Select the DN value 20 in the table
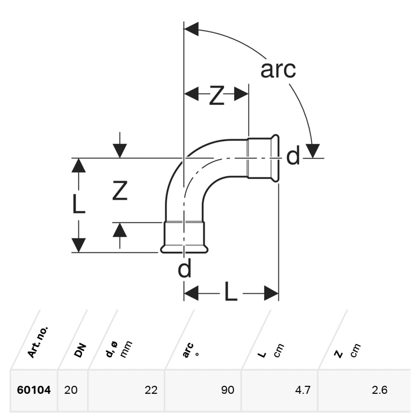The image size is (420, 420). tap(71, 390)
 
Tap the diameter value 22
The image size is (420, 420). tap(151, 390)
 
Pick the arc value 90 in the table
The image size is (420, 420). tap(227, 390)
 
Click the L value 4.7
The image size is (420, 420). tap(303, 390)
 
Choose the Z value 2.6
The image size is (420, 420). tap(379, 390)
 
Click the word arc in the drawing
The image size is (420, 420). tap(278, 70)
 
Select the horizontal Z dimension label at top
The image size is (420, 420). tap(216, 95)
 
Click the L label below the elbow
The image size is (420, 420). tap(231, 293)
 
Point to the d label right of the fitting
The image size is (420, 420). tap(293, 157)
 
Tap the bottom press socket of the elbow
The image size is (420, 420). tap(185, 237)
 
